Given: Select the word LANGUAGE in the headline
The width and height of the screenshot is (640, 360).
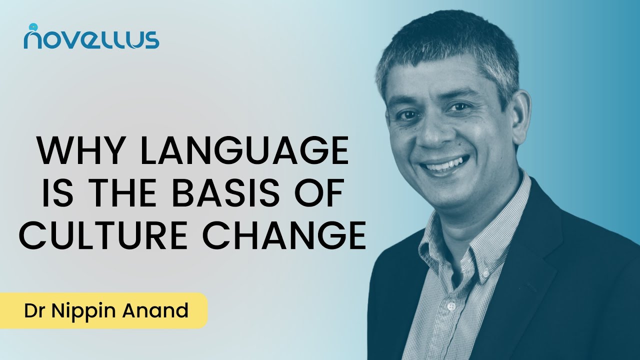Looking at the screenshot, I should [x=245, y=151].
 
